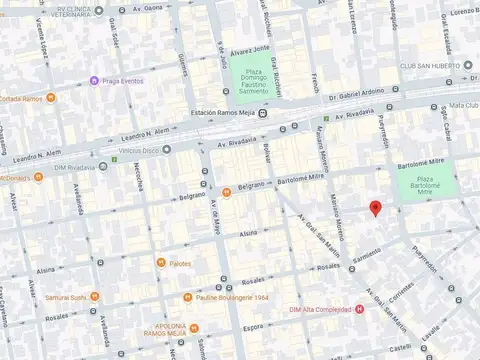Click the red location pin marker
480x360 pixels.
[x=375, y=208]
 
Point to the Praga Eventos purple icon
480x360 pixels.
[x=94, y=80]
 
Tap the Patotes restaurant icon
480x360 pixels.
[x=160, y=263]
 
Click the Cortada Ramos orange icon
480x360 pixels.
[x=3, y=98]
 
